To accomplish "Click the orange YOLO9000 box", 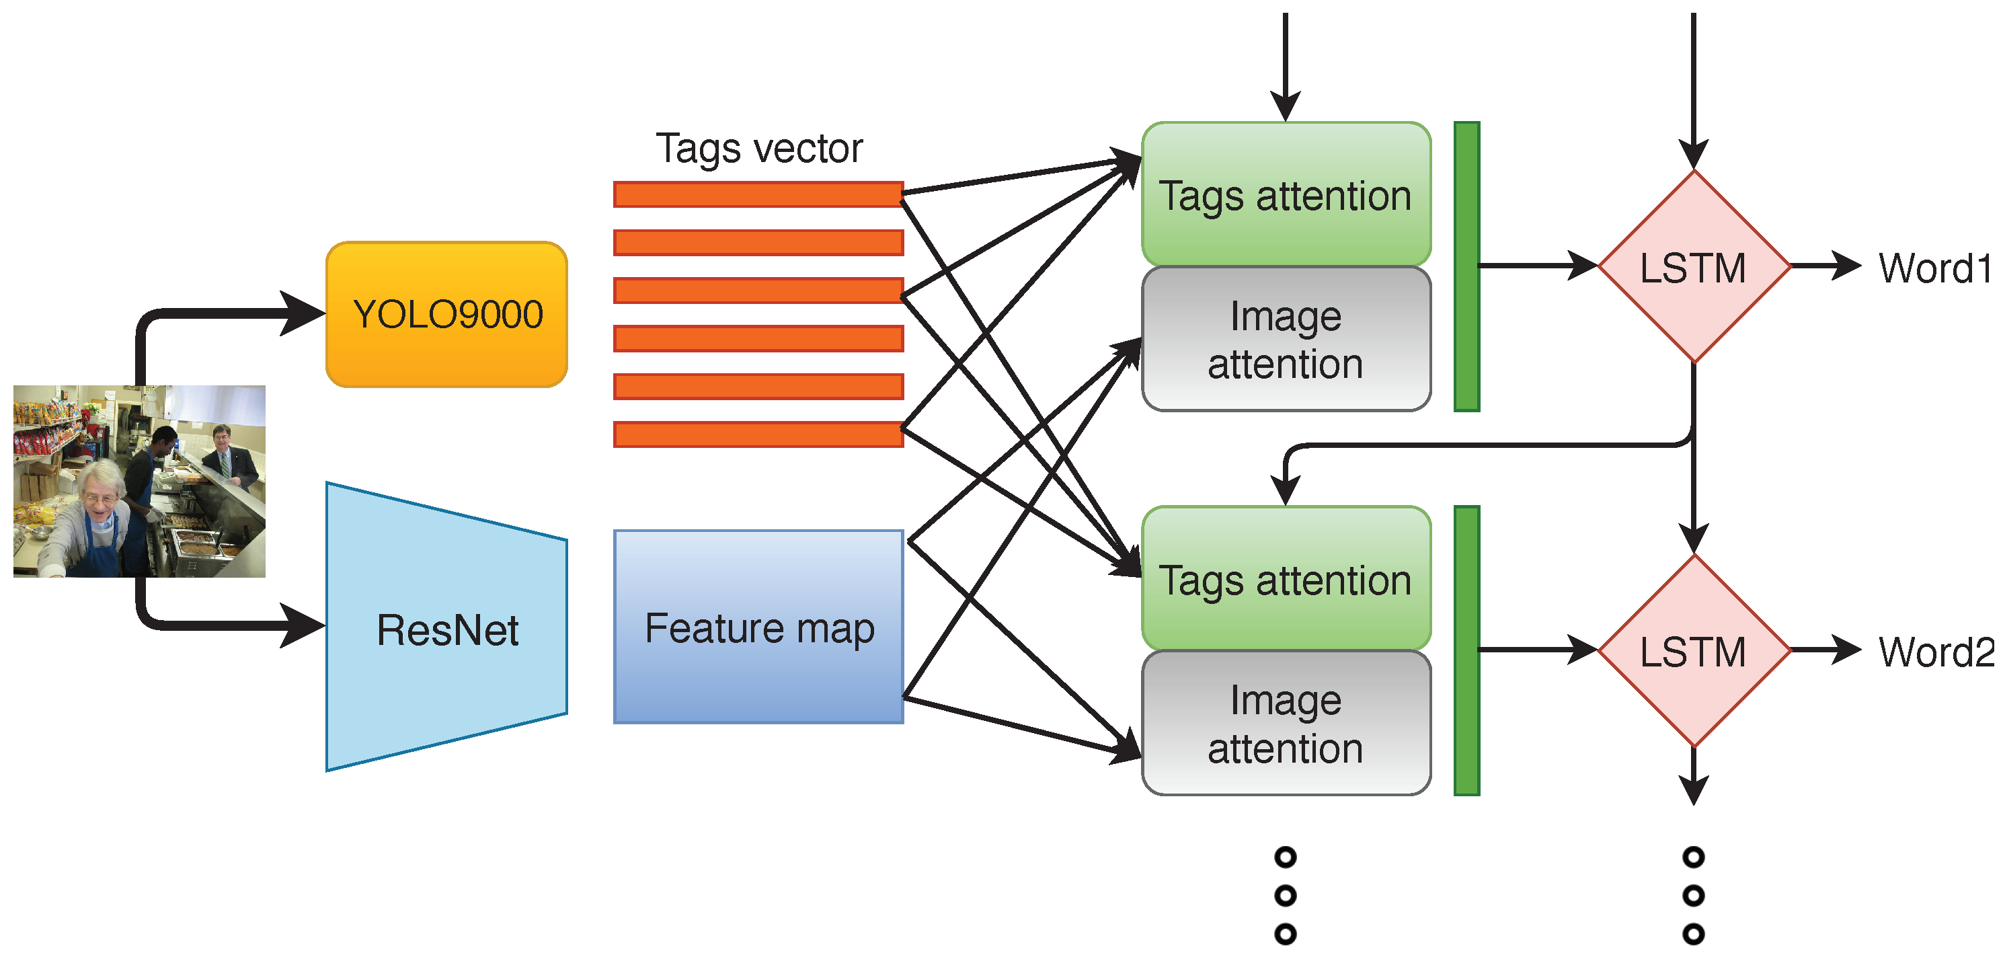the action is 447,314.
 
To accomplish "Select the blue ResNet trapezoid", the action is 447,627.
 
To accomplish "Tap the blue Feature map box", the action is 759,627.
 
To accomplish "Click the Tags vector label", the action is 759,148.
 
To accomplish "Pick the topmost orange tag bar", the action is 759,194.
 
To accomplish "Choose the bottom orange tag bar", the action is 759,434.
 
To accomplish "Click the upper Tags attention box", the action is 1286,194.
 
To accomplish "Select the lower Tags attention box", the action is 1286,578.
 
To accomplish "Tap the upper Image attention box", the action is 1286,339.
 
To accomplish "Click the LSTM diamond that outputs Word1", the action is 1694,267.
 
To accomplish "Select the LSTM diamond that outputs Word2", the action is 1694,650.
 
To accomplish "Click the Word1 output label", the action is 1935,268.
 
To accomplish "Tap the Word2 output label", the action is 1936,652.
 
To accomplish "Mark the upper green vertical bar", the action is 1466,266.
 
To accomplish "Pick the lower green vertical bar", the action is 1466,650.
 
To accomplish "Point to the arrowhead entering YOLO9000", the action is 303,313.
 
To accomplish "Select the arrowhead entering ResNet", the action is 303,625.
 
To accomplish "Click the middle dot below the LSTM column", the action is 1694,895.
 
